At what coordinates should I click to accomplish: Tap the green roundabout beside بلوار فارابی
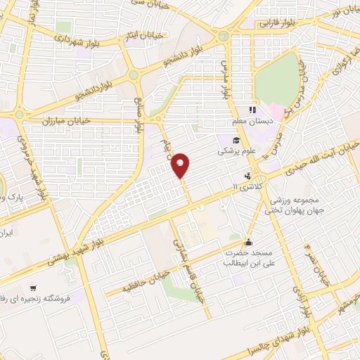coord(224,36)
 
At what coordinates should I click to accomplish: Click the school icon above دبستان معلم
coord(250,110)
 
